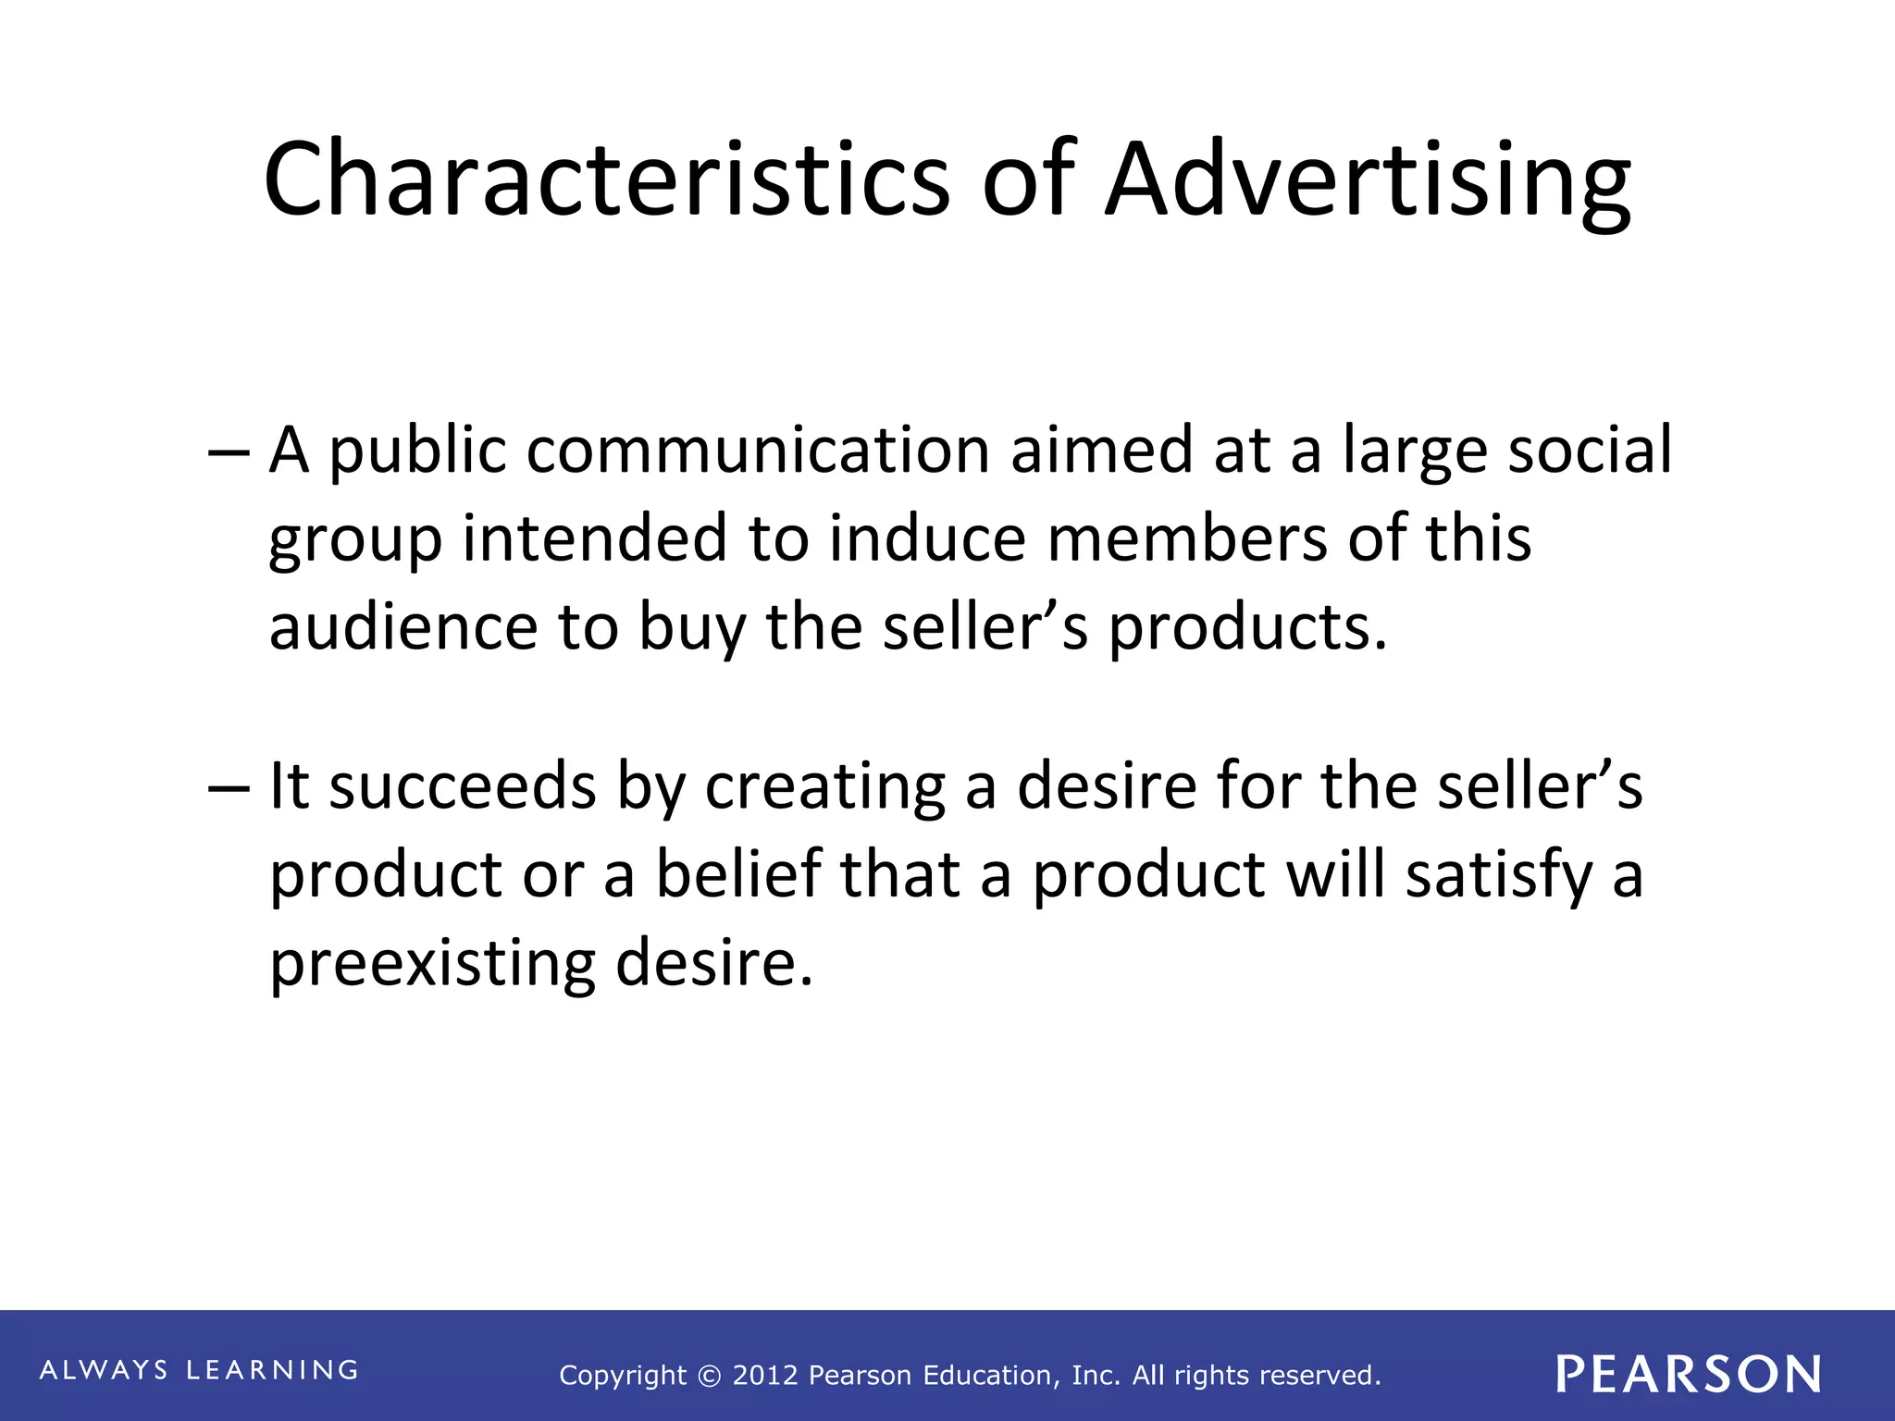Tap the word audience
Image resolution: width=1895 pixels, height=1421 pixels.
[x=403, y=627]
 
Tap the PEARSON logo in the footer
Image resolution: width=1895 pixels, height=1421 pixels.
[x=1688, y=1374]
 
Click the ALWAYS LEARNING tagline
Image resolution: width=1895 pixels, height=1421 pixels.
[x=199, y=1370]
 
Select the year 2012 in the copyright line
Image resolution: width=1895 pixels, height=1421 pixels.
[x=765, y=1376]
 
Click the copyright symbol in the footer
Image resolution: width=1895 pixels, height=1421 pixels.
[x=709, y=1377]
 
